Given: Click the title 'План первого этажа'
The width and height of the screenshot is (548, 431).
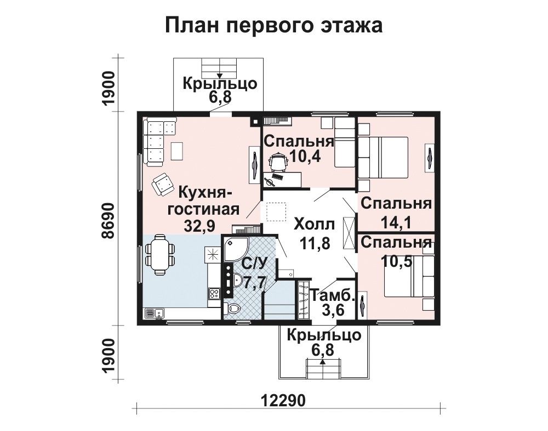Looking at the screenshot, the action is point(273,26).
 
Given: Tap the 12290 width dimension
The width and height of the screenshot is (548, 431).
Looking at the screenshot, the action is point(283,400).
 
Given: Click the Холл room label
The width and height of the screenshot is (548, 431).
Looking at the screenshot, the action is point(314,225).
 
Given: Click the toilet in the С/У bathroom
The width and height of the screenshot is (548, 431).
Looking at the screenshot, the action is point(232,308).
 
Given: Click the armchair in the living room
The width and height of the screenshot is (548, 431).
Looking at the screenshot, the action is point(162,184).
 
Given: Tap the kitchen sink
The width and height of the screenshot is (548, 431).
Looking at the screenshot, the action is point(155,312).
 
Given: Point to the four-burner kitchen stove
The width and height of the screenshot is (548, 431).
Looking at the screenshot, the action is point(214,293).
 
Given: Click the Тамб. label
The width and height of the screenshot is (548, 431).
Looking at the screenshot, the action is point(333,296).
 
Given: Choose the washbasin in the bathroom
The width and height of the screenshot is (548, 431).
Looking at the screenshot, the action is point(239,281).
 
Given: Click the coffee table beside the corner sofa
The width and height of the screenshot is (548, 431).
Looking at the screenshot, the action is point(177,150).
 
